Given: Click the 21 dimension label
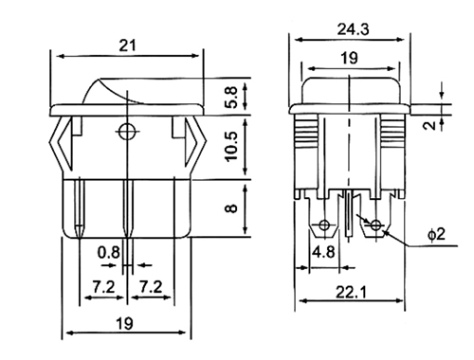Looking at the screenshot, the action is [127, 45].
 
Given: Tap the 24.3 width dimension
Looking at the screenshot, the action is [353, 29].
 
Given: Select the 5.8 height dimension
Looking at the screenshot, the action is [232, 98].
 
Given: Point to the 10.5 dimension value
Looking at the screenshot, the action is [232, 146].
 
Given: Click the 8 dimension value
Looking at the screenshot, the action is [232, 208].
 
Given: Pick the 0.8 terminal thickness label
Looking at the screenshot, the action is [109, 252].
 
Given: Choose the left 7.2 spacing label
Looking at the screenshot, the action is [104, 287].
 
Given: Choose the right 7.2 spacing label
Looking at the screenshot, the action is [151, 287].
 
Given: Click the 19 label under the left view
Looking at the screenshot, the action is [125, 324].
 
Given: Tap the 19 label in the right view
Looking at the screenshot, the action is [349, 58].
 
